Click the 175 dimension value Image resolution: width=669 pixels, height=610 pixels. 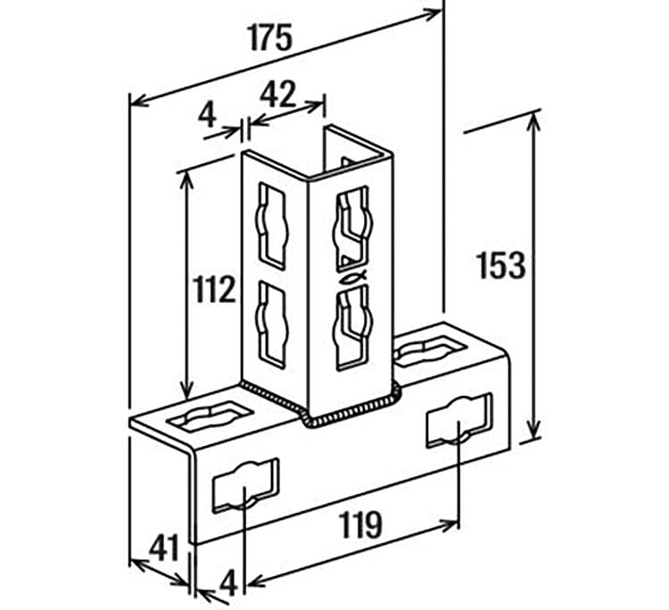pos(270,37)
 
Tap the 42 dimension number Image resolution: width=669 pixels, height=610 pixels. pos(277,95)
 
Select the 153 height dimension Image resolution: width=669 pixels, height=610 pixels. pos(501,266)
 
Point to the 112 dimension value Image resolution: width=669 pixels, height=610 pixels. pos(215,289)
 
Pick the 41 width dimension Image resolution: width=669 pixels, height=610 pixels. pos(163,548)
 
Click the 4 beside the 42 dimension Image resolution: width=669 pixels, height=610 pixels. pos(207,115)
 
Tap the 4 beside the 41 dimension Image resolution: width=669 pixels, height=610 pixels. pos(228,584)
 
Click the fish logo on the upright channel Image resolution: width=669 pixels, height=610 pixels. pos(353,277)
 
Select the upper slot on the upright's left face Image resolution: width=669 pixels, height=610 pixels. pos(272,227)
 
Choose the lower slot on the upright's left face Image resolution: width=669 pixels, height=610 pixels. pos(271,325)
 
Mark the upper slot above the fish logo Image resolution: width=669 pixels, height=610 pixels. pos(353,229)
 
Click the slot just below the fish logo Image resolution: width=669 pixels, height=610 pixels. pos(353,327)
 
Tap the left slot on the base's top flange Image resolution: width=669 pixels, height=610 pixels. pos(210,415)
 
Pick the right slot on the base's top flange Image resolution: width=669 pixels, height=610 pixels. pos(428,350)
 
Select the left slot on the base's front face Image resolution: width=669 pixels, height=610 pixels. pos(246,485)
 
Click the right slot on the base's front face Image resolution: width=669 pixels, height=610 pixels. pos(459,421)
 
